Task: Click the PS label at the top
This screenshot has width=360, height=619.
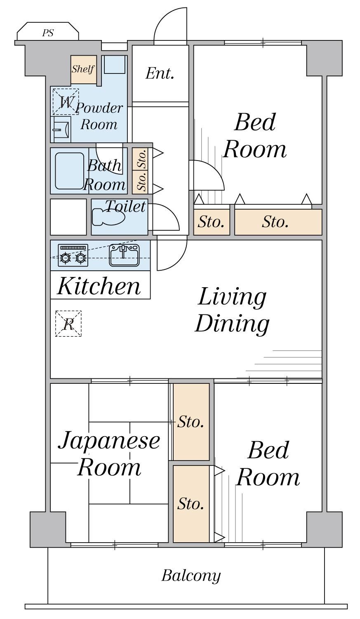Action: tap(48, 33)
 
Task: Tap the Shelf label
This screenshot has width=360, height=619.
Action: tap(83, 69)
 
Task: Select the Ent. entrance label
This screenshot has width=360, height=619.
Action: tap(160, 73)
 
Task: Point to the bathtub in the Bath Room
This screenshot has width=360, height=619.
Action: tap(70, 171)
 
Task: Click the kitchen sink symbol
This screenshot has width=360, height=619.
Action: tap(124, 255)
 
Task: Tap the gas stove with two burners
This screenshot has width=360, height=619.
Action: tap(73, 255)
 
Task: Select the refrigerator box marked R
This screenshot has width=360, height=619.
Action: tap(68, 324)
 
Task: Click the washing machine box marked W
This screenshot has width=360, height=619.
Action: tap(66, 102)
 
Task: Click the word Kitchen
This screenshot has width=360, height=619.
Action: tap(99, 286)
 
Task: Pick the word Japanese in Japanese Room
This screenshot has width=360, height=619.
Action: tap(109, 441)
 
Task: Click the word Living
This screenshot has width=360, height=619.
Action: tap(232, 298)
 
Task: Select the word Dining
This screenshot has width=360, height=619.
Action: tap(232, 324)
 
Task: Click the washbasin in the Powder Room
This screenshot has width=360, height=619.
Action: tap(61, 129)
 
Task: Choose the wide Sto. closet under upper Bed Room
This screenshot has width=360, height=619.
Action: tap(278, 222)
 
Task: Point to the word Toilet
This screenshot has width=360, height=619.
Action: tap(126, 206)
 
